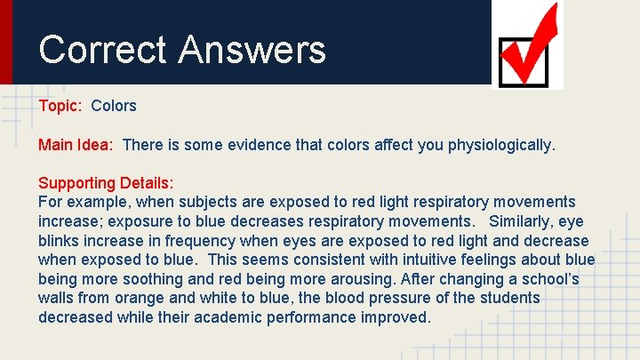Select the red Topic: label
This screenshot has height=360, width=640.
coord(60,106)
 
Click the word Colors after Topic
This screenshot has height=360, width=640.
coord(114,106)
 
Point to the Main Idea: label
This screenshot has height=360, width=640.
coord(76,144)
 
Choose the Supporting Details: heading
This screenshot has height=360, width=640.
coord(106,182)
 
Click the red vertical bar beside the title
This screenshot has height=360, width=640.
coord(6,42)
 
